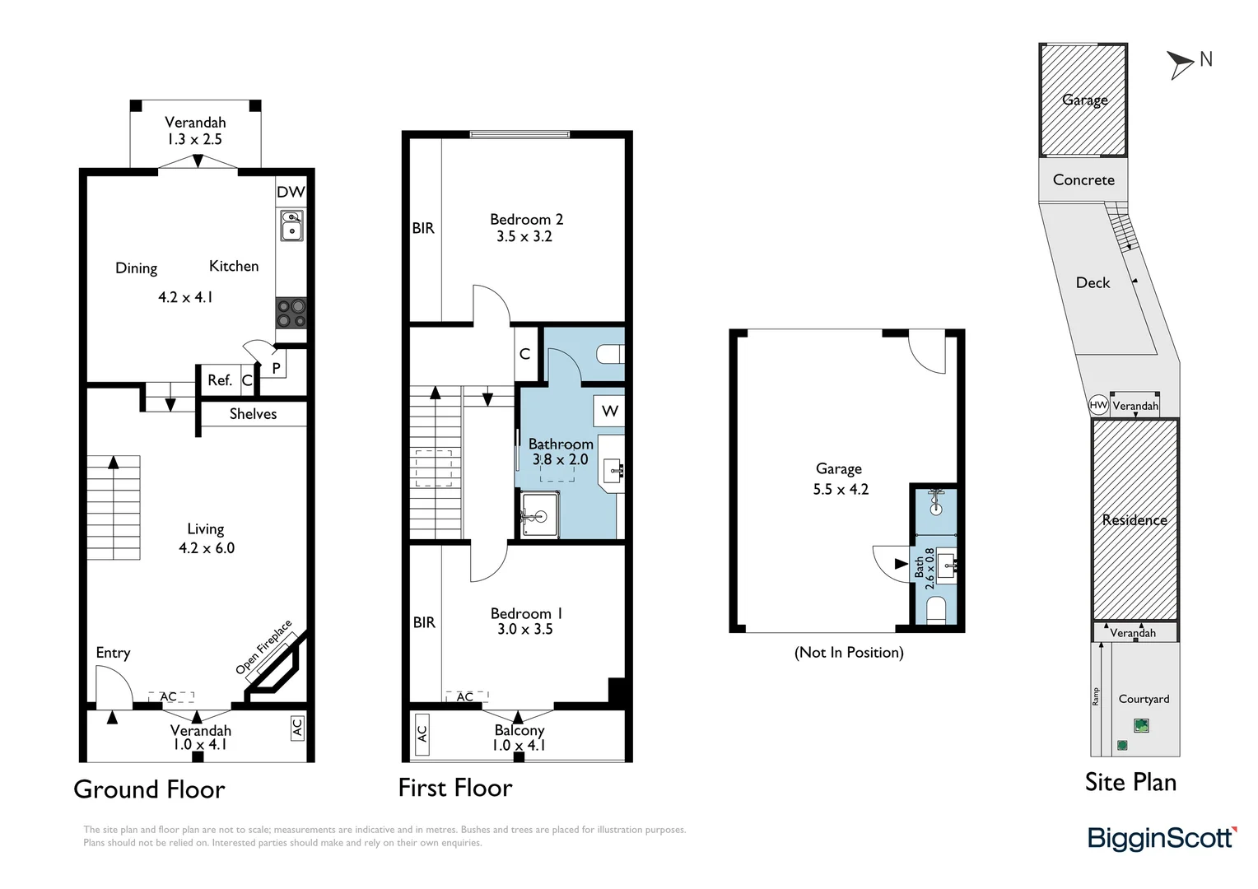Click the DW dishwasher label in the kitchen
click(x=291, y=192)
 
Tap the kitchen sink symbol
click(x=291, y=225)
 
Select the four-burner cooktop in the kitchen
click(x=291, y=313)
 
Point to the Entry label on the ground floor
click(x=113, y=653)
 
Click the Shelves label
click(x=253, y=414)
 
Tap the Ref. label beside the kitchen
click(x=219, y=380)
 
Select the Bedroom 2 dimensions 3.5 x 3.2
click(x=524, y=236)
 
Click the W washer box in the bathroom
click(x=609, y=411)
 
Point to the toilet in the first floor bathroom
click(x=610, y=354)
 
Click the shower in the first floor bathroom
click(x=540, y=515)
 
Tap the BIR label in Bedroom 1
click(x=424, y=622)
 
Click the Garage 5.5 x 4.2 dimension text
click(x=841, y=489)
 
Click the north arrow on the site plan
click(x=1181, y=63)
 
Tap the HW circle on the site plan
click(x=1098, y=405)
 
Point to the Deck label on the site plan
click(x=1093, y=282)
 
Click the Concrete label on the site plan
click(x=1083, y=179)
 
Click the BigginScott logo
click(x=1162, y=838)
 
